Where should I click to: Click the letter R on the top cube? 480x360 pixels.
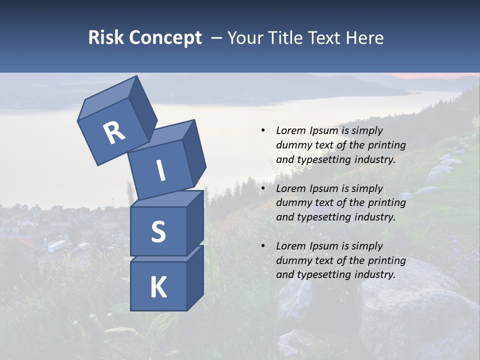tap(114, 133)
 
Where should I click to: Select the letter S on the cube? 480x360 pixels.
tap(158, 231)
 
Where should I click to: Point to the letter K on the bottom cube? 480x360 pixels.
tap(158, 287)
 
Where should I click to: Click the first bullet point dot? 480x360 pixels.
tap(263, 130)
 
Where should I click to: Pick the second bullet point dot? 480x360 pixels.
tap(263, 188)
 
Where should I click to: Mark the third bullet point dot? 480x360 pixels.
tap(263, 246)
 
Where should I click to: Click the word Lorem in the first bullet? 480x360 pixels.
tap(290, 130)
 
